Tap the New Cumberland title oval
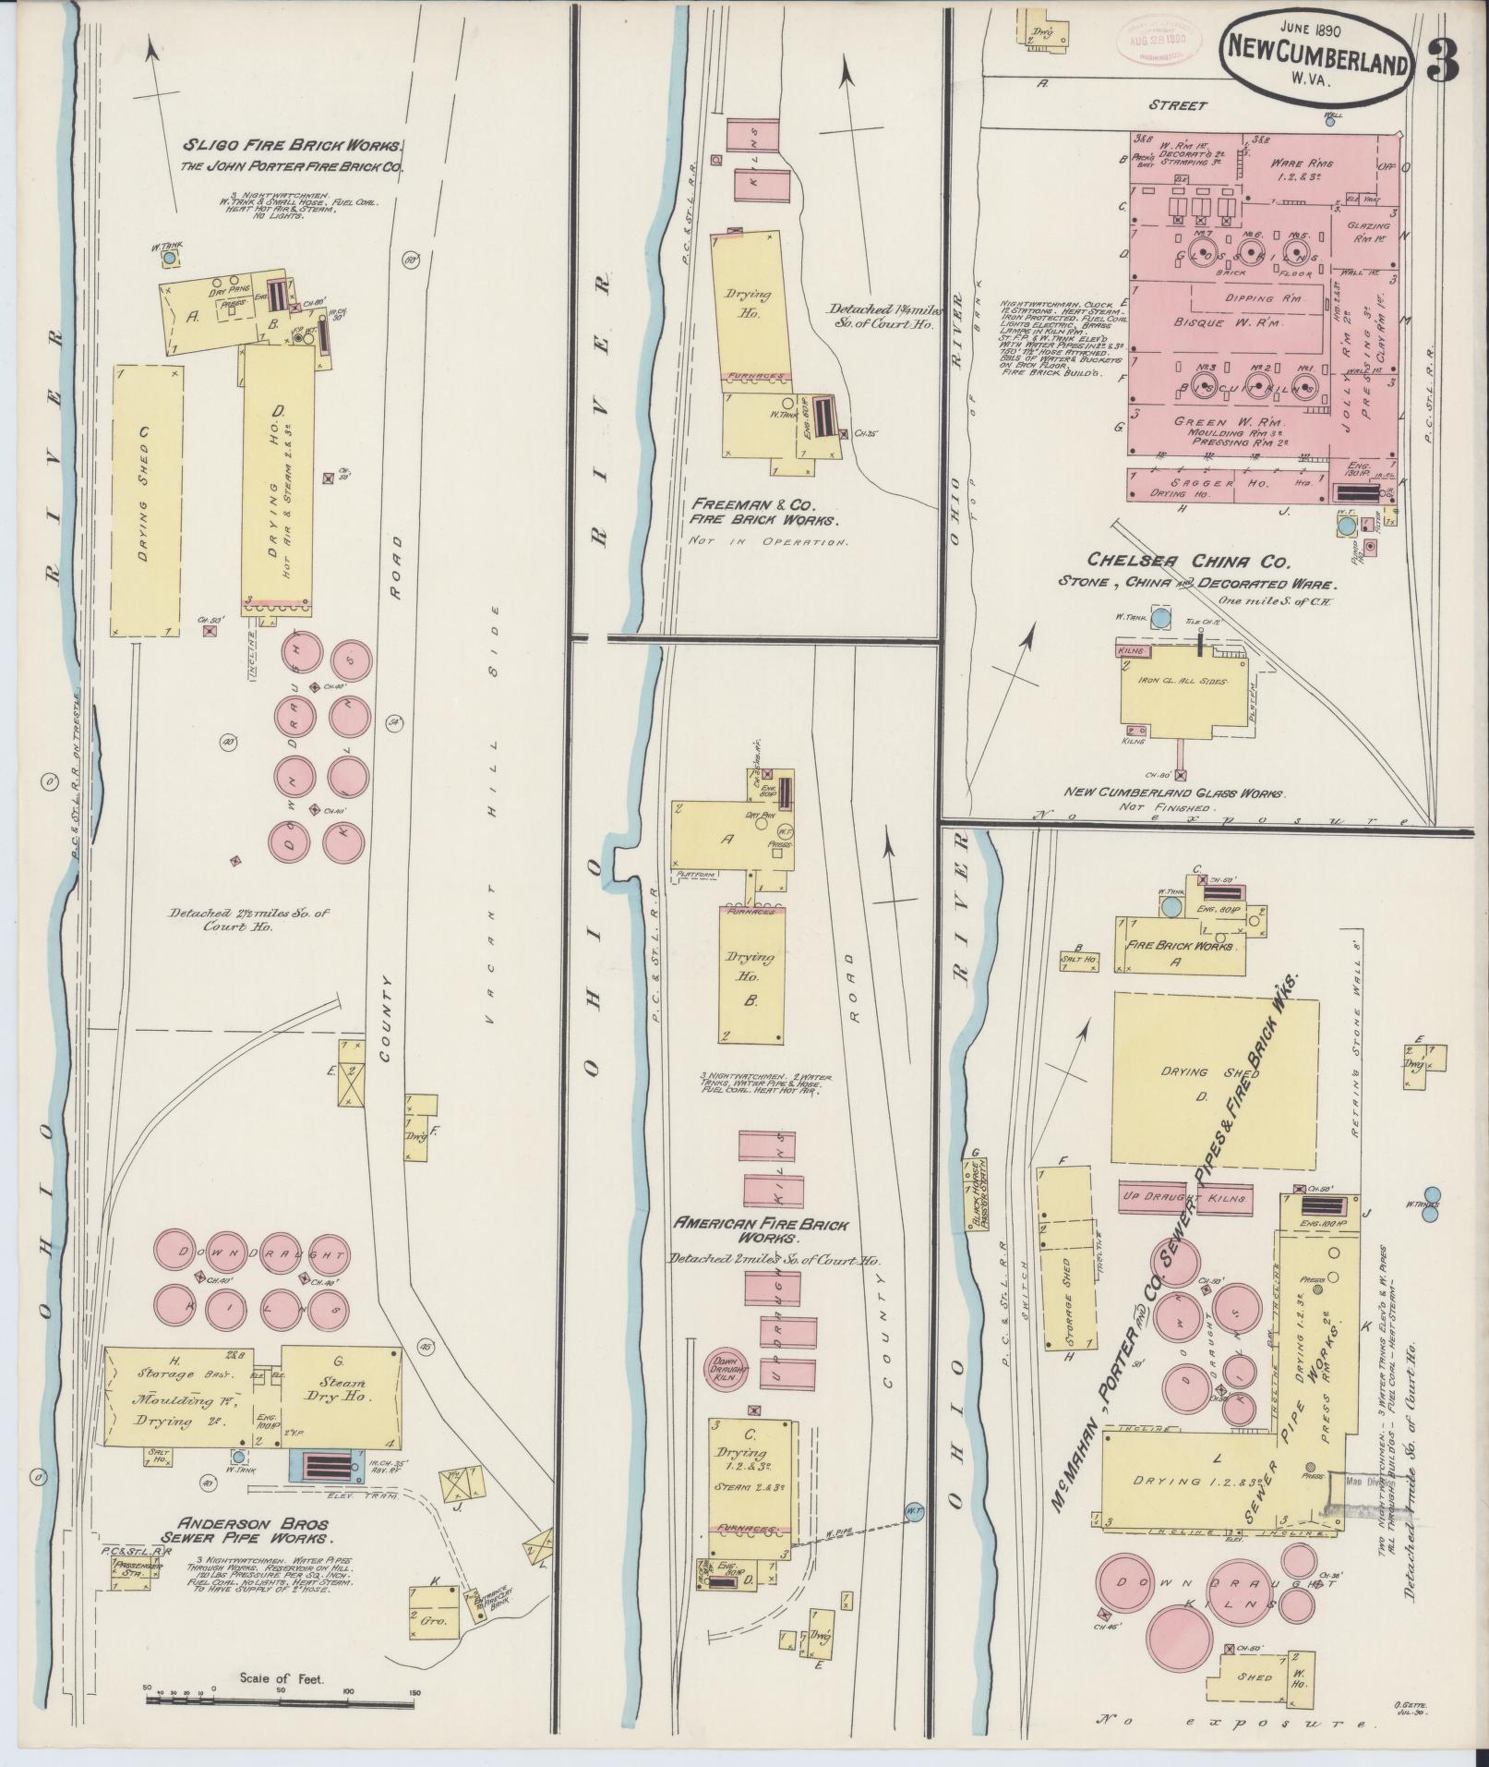pos(1319,59)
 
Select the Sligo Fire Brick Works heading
pos(294,145)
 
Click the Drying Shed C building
pos(146,500)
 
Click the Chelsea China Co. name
pos(1216,562)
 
